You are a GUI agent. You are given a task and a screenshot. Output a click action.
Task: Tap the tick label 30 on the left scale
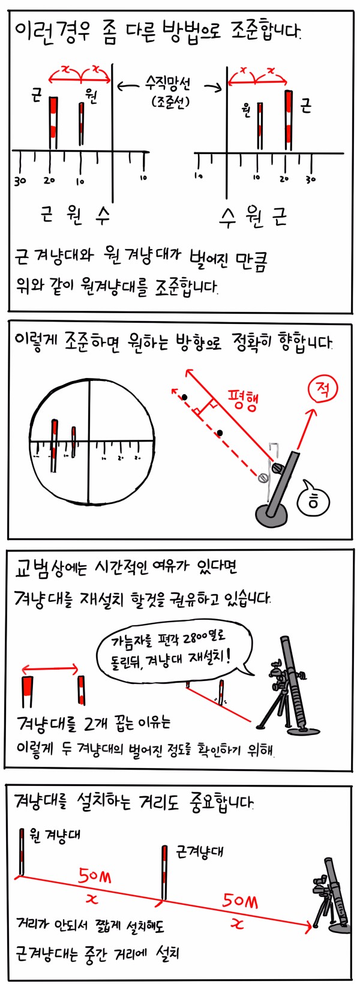tap(20, 181)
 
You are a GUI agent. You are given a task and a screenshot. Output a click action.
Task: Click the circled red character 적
tap(322, 391)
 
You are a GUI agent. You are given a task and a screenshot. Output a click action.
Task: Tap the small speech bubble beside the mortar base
tap(314, 499)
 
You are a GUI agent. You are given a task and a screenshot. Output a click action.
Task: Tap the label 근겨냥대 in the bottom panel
tap(199, 851)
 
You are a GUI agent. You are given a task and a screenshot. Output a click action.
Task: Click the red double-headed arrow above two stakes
tap(50, 669)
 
